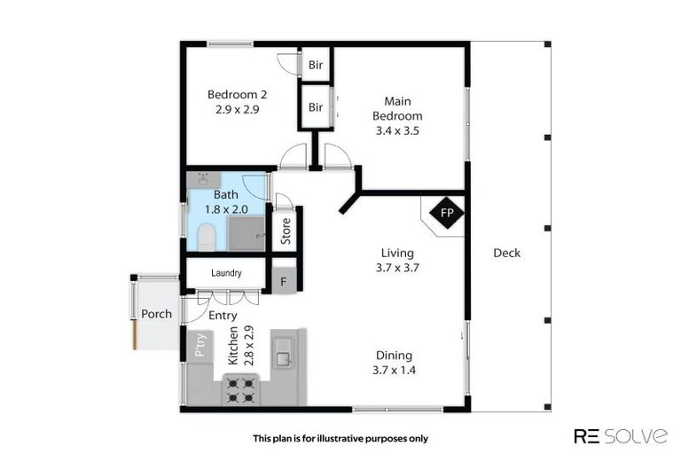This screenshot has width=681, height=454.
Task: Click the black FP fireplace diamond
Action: [x=447, y=214]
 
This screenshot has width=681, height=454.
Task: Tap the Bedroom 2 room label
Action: [x=237, y=95]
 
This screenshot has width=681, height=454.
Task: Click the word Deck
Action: [x=507, y=254]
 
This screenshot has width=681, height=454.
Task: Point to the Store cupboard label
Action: [x=286, y=231]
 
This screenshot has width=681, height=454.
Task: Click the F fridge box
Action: [x=284, y=281]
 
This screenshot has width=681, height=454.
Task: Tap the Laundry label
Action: [x=226, y=274]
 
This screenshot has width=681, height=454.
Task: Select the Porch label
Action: [x=157, y=314]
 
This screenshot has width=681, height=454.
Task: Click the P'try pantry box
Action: [x=200, y=344]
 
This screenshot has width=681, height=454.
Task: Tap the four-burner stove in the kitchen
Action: [x=241, y=387]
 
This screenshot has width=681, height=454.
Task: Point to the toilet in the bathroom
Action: [x=206, y=236]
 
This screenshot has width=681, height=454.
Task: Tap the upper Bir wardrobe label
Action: [x=316, y=65]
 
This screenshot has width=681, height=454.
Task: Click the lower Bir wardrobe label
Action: [x=316, y=108]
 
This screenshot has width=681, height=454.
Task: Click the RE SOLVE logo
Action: [x=621, y=435]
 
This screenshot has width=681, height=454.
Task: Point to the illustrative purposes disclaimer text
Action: [x=340, y=438]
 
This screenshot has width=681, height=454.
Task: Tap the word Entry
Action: [x=222, y=315]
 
